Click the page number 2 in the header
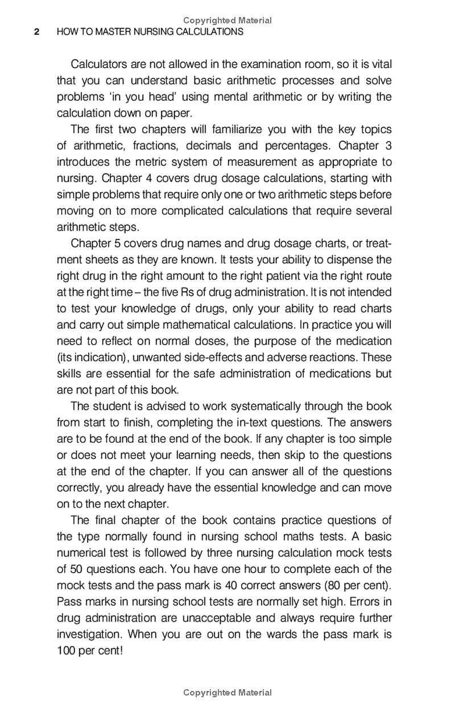tap(37, 32)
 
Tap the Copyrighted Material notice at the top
tap(227, 20)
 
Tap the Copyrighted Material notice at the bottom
tap(227, 693)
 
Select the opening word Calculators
tap(100, 64)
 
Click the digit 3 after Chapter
tap(387, 146)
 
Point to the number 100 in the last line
tap(67, 650)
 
